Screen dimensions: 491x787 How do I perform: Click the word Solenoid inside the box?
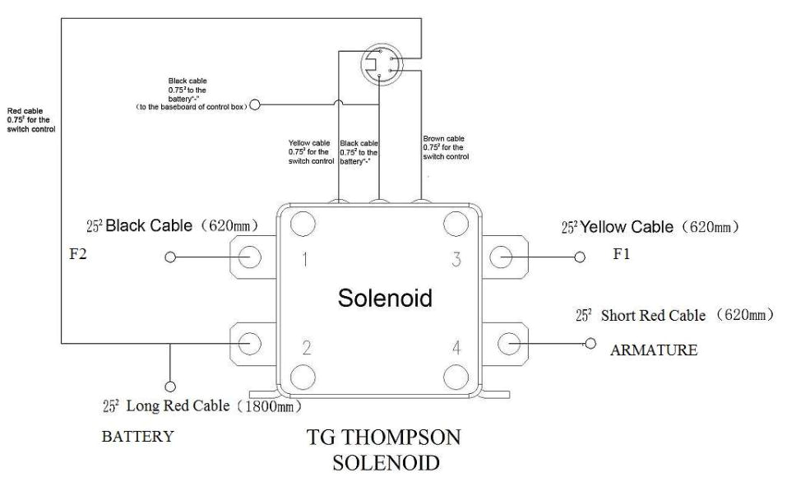pyautogui.click(x=385, y=299)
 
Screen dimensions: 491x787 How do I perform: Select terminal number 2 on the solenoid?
pyautogui.click(x=305, y=347)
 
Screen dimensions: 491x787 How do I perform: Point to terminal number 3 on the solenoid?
pyautogui.click(x=456, y=261)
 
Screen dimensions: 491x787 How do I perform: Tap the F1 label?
pyautogui.click(x=623, y=255)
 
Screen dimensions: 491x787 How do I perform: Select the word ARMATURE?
pyautogui.click(x=653, y=350)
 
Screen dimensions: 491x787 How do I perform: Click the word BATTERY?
pyautogui.click(x=137, y=436)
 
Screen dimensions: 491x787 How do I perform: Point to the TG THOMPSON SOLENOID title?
pyautogui.click(x=384, y=451)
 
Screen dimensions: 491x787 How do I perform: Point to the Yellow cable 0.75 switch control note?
pyautogui.click(x=312, y=151)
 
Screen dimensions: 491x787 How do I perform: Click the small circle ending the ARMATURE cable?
pyautogui.click(x=589, y=343)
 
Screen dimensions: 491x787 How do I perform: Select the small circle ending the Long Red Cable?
pyautogui.click(x=171, y=386)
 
